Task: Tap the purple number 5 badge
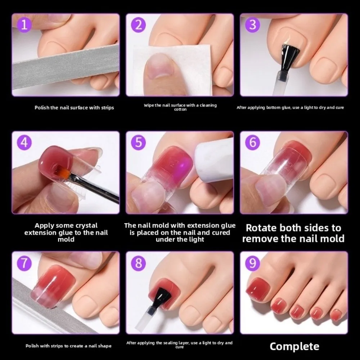139,143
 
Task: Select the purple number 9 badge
253,263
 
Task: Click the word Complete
294,346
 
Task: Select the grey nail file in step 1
65,68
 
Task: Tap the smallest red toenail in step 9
336,315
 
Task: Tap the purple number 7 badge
24,263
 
